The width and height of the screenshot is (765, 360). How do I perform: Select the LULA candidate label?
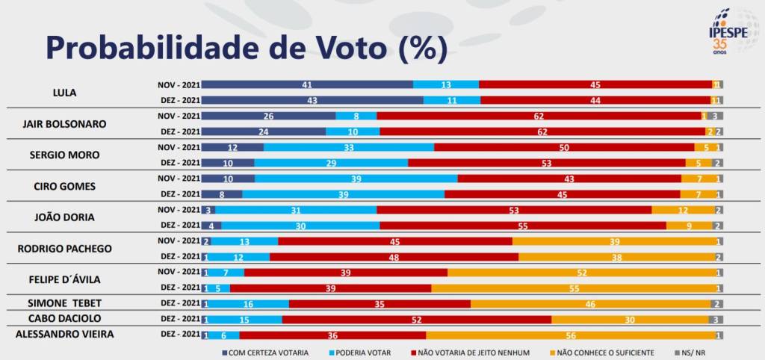(x=64, y=93)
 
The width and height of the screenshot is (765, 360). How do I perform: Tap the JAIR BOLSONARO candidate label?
(x=64, y=124)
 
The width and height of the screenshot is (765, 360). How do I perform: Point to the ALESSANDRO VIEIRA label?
(x=65, y=334)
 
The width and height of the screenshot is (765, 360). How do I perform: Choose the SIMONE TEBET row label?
(x=64, y=302)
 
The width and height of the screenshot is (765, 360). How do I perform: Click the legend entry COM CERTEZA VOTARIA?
(x=266, y=352)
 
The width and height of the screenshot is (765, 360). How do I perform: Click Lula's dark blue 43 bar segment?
(x=312, y=100)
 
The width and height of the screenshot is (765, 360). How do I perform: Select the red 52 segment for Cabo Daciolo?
(x=416, y=319)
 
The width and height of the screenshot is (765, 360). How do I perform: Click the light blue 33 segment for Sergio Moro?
(x=348, y=147)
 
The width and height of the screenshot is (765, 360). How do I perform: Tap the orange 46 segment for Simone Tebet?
(x=590, y=304)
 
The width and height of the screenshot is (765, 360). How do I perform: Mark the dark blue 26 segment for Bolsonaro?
(x=268, y=116)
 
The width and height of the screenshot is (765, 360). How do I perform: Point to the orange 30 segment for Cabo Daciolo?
(x=630, y=319)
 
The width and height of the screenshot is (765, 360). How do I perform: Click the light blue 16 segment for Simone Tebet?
(x=248, y=304)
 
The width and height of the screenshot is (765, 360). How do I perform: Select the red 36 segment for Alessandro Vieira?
(x=332, y=335)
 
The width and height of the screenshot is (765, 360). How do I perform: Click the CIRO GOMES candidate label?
(x=64, y=186)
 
